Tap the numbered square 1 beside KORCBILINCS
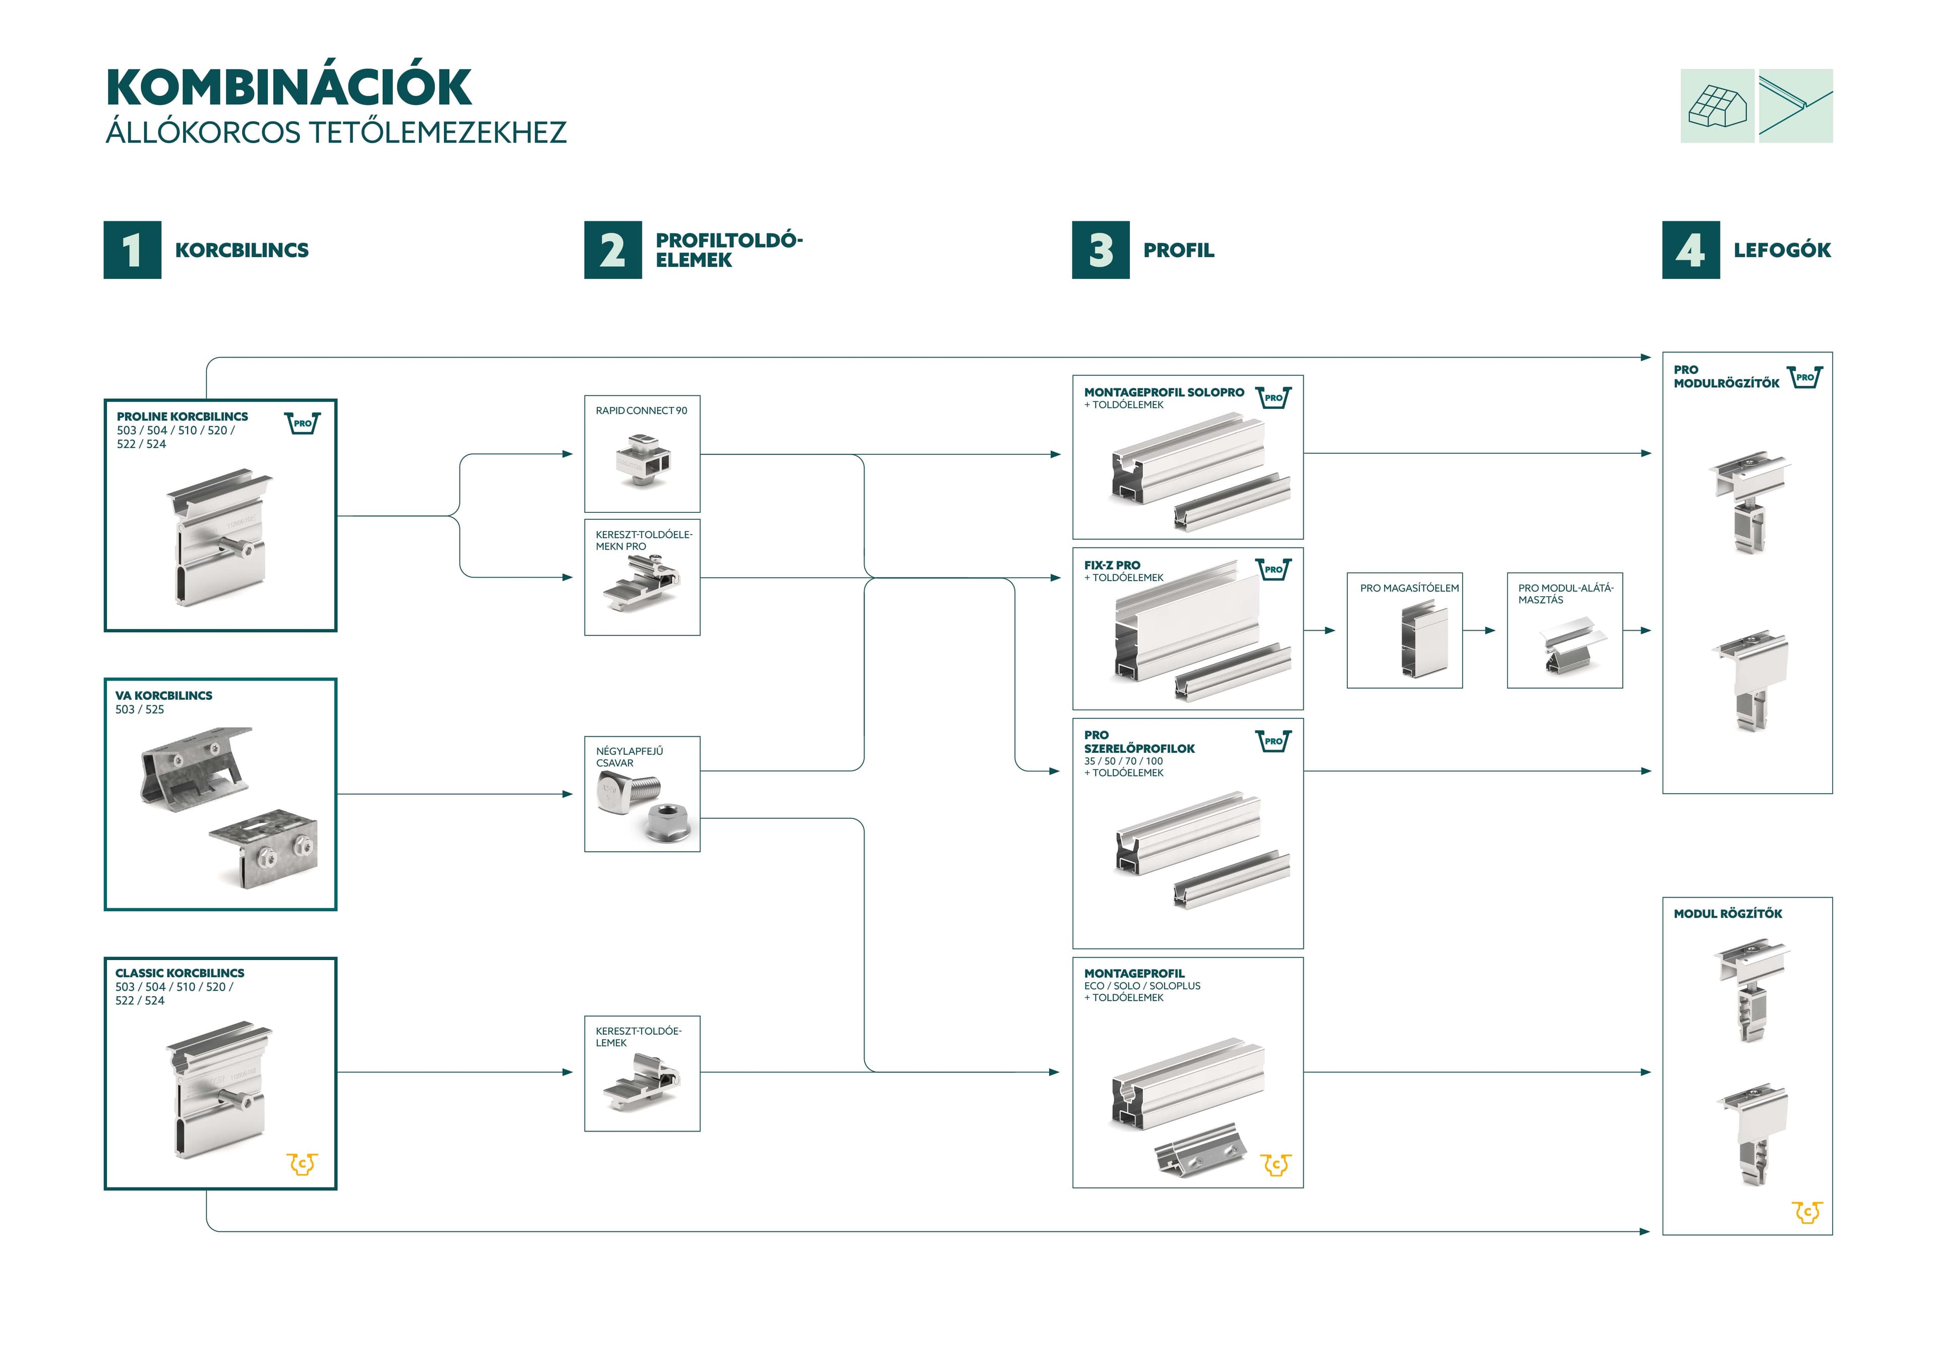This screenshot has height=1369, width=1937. pos(133,250)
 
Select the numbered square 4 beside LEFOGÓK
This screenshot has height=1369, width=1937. pos(1691,250)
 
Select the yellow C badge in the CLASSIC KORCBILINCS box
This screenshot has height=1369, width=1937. pos(302,1164)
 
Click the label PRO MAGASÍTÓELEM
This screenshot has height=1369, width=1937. pos(1409,588)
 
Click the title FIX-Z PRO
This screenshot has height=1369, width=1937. pos(1112,565)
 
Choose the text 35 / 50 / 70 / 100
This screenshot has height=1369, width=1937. pos(1123,761)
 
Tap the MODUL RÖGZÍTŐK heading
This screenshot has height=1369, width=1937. pos(1728,914)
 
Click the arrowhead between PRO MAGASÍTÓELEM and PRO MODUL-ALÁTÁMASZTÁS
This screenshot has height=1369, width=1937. pos(1490,630)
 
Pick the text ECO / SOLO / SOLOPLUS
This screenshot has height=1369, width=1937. pos(1143,985)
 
